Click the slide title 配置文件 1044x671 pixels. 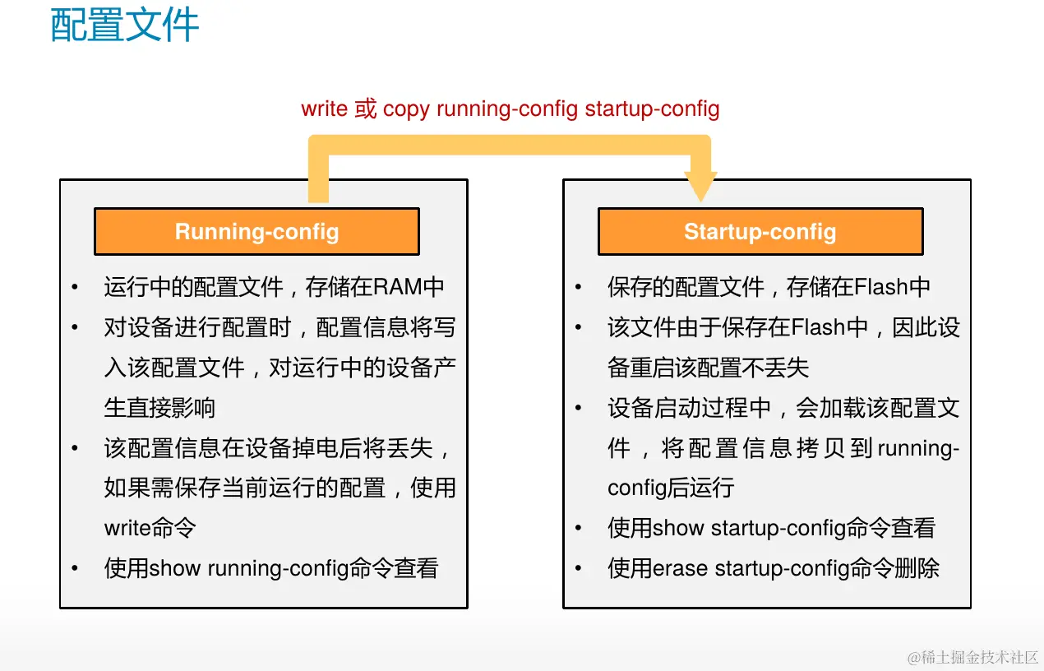(x=124, y=25)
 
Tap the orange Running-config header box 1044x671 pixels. (x=256, y=231)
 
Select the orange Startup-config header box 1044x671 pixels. (x=760, y=231)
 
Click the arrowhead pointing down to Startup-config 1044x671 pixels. (x=700, y=186)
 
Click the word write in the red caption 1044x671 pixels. (x=325, y=109)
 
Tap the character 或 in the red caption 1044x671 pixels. (x=365, y=109)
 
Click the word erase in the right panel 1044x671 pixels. (x=680, y=568)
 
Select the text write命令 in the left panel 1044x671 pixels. (x=150, y=528)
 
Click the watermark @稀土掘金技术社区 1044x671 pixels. (x=972, y=657)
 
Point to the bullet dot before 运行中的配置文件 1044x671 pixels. (x=75, y=287)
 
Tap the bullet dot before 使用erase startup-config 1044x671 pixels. (x=579, y=568)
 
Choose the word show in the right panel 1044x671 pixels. (x=678, y=528)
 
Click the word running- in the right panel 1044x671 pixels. (x=918, y=449)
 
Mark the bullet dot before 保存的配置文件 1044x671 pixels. (x=579, y=287)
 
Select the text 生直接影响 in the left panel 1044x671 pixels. (x=159, y=408)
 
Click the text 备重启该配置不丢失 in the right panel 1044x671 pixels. (x=708, y=368)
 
